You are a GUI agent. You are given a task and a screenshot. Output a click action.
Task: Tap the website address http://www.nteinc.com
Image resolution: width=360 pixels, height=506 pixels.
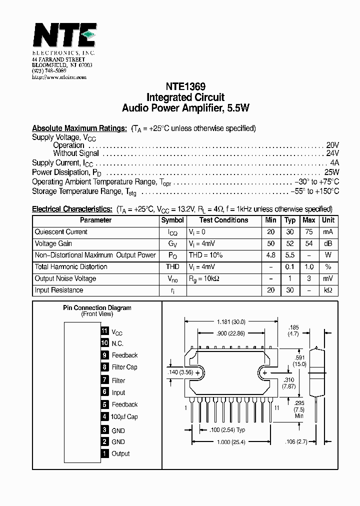tap(59, 77)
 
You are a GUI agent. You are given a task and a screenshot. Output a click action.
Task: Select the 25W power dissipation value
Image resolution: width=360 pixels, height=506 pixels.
tap(331, 172)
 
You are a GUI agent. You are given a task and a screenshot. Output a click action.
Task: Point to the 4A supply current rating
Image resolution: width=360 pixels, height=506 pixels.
tap(334, 162)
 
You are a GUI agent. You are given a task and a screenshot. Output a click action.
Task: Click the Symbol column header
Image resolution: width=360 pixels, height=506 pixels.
tap(172, 220)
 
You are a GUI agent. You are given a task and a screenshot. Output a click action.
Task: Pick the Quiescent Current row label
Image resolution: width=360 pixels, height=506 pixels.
tap(61, 232)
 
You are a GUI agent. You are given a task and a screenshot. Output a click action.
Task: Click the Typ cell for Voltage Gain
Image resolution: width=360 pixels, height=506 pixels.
tap(290, 243)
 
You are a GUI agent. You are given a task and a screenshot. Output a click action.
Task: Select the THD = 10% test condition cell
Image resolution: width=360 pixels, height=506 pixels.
tap(205, 255)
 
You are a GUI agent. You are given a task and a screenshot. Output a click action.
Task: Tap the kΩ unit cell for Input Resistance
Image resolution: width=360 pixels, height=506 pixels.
tap(328, 290)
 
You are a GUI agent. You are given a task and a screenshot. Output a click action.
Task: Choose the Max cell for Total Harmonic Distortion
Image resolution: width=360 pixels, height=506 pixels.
tap(309, 267)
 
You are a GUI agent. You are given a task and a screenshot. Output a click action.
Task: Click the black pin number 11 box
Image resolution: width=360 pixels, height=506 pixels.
tap(104, 331)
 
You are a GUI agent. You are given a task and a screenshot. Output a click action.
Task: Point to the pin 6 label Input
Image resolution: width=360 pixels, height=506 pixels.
tap(118, 392)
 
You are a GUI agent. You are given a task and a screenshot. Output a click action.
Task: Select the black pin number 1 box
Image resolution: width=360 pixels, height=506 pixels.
tap(104, 453)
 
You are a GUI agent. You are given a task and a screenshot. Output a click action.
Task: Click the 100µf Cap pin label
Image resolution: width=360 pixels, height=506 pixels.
tap(124, 416)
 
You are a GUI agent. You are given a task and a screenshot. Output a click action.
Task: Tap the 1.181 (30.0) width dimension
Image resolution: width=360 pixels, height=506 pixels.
tap(231, 321)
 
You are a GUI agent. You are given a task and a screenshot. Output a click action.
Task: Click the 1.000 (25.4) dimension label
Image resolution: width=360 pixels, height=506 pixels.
tap(231, 441)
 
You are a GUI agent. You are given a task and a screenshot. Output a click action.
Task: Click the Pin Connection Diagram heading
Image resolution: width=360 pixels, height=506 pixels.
tap(97, 307)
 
